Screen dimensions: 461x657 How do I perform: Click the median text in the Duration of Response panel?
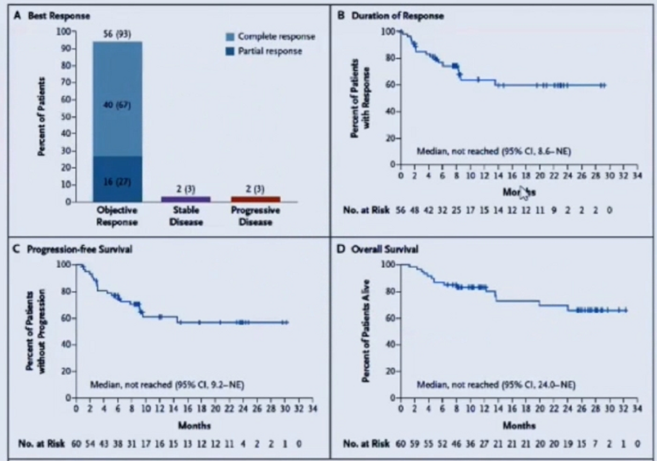[493, 151]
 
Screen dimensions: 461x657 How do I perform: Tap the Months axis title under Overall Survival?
[519, 426]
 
